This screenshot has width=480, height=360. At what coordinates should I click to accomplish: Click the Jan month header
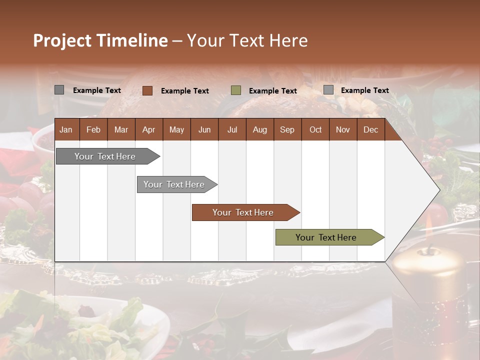pos(66,129)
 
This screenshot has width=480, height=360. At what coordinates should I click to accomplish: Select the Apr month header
pos(148,129)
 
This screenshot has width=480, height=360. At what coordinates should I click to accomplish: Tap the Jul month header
pos(232,129)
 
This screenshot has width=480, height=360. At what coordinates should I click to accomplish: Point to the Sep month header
pos(287,129)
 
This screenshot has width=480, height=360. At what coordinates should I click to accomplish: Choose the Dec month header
pos(370,129)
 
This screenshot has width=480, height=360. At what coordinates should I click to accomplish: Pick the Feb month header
pos(93,129)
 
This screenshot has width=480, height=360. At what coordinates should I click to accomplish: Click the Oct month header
pos(315,129)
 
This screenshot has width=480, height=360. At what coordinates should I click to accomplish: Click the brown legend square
pos(147,90)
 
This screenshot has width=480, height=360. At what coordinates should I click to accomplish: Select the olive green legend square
pos(236,90)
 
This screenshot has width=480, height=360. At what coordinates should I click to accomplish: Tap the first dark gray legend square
pos(59,90)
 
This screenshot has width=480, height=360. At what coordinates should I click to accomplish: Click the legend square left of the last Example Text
pos(328,90)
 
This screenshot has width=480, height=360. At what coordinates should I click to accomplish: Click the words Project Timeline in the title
pos(100,40)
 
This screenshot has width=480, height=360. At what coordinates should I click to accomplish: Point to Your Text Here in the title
pos(247,40)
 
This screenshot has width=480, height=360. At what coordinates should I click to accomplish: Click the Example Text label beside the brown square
pos(184,90)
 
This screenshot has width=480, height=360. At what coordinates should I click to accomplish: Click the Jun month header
pos(204,129)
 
